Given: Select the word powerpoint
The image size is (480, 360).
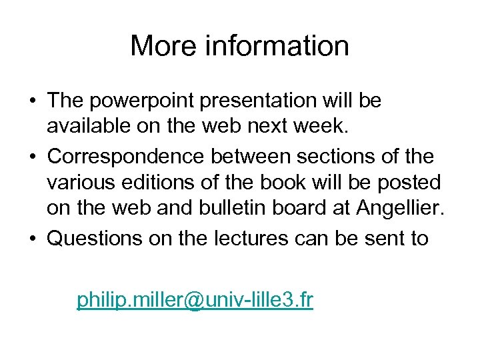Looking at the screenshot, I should click(x=142, y=101).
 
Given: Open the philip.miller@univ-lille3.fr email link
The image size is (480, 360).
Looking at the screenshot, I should click(x=195, y=300).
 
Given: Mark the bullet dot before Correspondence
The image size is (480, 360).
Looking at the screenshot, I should click(x=32, y=158).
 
